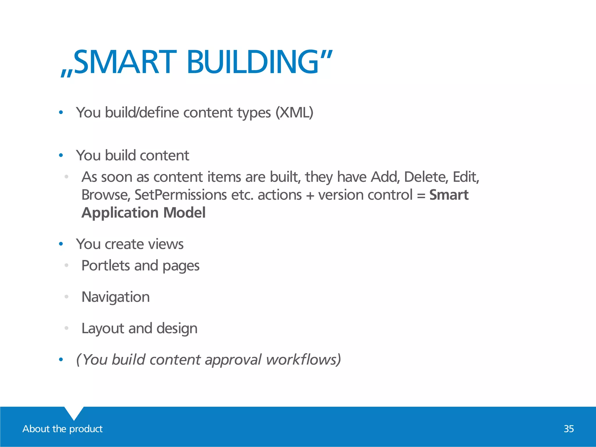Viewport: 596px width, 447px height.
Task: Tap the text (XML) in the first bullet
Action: (294, 112)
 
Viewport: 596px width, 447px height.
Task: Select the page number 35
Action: (569, 429)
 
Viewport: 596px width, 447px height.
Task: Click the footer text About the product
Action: (63, 429)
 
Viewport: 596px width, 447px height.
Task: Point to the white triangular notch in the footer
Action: (74, 412)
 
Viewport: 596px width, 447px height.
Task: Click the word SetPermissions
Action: (180, 195)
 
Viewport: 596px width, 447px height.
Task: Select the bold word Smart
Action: (449, 195)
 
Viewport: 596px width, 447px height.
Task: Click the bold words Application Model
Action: (143, 212)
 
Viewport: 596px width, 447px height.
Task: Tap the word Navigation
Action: (116, 297)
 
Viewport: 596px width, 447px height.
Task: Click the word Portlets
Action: (106, 265)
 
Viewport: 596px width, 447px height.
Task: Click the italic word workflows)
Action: (303, 359)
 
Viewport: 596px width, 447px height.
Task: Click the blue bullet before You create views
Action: (61, 244)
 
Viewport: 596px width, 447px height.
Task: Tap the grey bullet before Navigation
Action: (66, 297)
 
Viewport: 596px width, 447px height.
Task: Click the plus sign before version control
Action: (310, 195)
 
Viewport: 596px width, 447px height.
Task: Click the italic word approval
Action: (233, 360)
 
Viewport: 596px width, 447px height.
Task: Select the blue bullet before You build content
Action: (61, 155)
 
